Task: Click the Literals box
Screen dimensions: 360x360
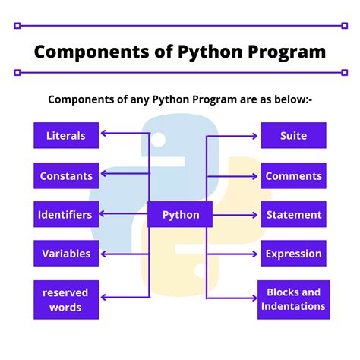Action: point(66,136)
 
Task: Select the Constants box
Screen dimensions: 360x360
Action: point(66,175)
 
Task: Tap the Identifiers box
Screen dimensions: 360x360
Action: point(66,215)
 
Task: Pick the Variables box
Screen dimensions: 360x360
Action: point(66,254)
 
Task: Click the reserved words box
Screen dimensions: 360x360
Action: point(66,300)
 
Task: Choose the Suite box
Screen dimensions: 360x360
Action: point(293,136)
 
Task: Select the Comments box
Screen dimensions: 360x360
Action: point(293,175)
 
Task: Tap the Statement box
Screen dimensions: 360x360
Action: point(293,215)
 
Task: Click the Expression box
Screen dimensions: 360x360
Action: point(293,254)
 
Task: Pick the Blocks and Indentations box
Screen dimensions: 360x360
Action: point(293,299)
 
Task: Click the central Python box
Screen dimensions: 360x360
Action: point(180,215)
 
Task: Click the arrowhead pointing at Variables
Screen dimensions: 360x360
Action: point(103,254)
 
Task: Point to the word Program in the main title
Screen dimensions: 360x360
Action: point(283,52)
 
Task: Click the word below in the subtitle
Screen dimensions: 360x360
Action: point(286,99)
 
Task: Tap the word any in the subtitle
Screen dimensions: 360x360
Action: point(150,99)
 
